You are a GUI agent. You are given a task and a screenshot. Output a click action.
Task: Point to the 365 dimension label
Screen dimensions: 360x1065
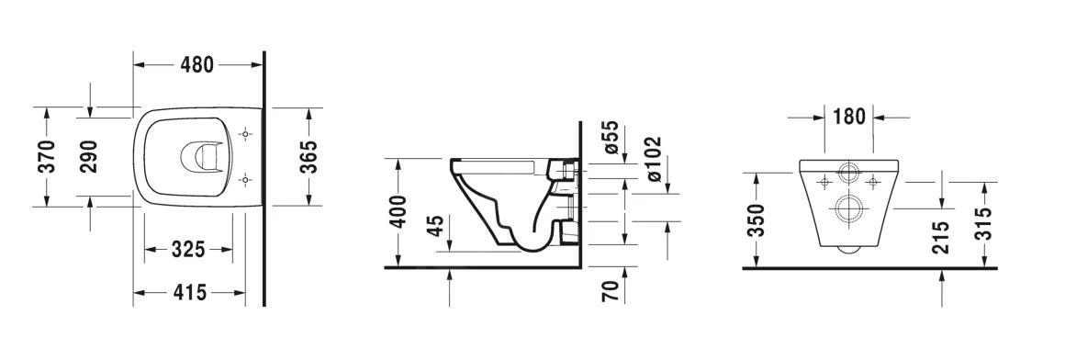coord(308,156)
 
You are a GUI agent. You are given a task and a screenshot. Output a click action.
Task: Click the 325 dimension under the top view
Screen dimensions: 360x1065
coord(187,250)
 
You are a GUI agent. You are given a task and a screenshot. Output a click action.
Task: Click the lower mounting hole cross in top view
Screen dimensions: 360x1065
coord(244,178)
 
